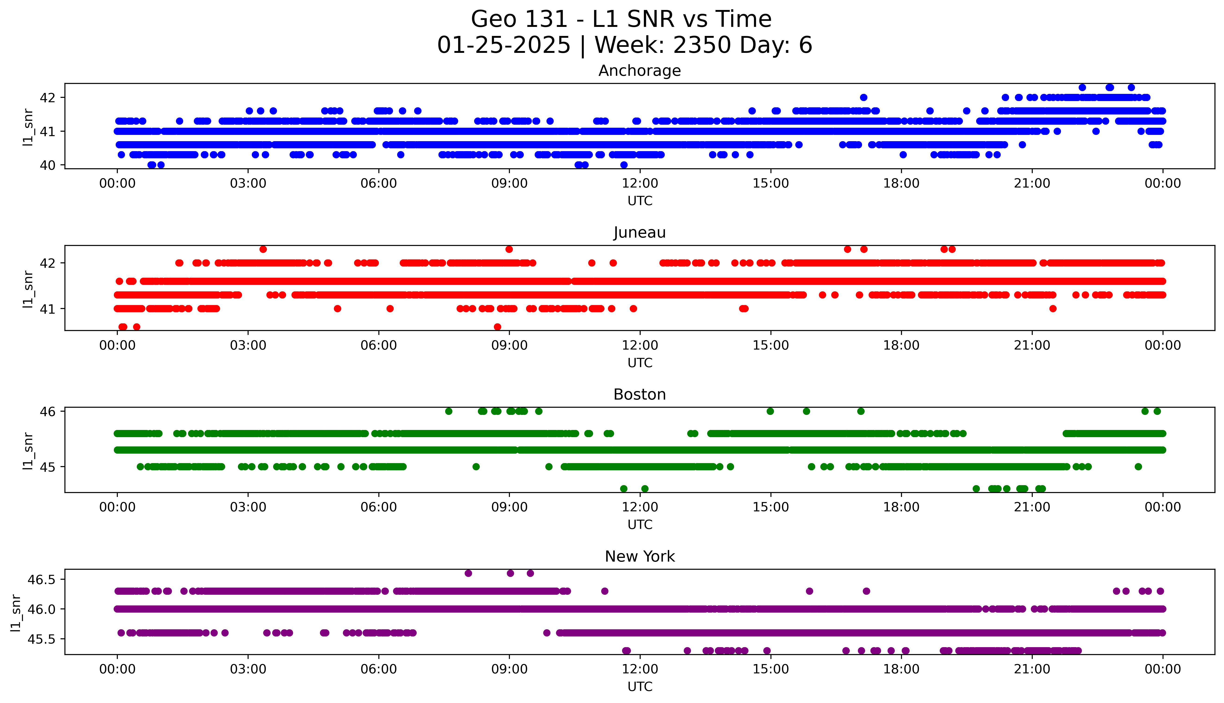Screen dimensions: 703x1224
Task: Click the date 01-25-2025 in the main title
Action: click(504, 45)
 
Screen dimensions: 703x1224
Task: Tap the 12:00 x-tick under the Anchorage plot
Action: click(640, 184)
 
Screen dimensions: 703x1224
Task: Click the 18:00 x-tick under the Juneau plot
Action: click(901, 345)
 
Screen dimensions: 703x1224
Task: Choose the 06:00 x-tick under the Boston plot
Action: click(379, 507)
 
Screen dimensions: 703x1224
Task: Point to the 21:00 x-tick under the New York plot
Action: click(1032, 669)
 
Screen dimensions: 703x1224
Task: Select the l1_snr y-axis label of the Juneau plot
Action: click(28, 289)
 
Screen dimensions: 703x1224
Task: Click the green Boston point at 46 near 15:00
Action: click(770, 411)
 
